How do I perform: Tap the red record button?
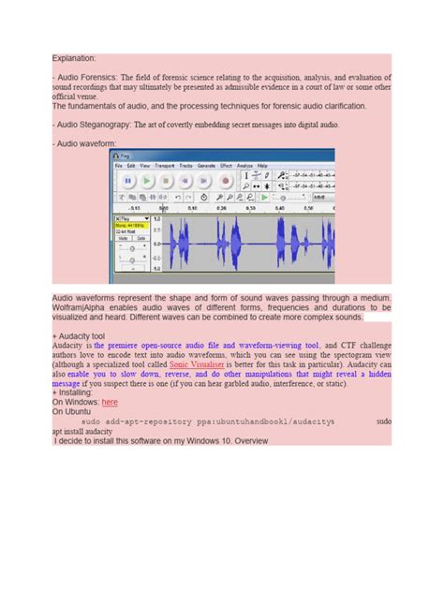(x=225, y=180)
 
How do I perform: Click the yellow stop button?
(x=165, y=180)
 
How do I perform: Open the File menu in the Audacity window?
(x=119, y=166)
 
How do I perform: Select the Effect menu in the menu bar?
(x=223, y=166)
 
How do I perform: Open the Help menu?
(x=263, y=166)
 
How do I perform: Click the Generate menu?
(x=205, y=166)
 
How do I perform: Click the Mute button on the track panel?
(x=122, y=238)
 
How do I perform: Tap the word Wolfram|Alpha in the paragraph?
(x=81, y=307)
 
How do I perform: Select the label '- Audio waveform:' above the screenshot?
(x=84, y=143)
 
